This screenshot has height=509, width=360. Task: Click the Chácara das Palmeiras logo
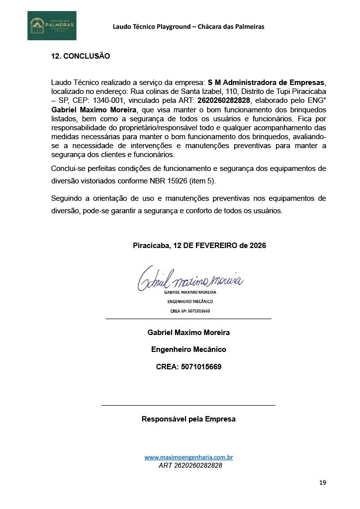point(52,25)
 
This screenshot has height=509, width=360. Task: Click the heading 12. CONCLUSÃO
point(81,56)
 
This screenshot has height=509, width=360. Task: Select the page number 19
point(323,483)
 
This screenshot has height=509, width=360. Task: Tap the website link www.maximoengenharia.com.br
point(189,457)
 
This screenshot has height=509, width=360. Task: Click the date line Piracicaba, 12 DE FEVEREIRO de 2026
point(199,246)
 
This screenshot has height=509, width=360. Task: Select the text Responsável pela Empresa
point(188,419)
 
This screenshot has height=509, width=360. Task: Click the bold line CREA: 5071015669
point(188,367)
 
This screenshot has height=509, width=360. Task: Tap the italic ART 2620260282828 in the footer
point(190,466)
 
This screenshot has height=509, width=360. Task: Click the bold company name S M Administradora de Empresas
point(267,82)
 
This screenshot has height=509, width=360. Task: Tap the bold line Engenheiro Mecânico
point(188,349)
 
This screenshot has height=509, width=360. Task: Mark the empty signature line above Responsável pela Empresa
point(188,405)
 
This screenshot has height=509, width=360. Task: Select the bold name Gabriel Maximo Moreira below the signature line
point(188,332)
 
